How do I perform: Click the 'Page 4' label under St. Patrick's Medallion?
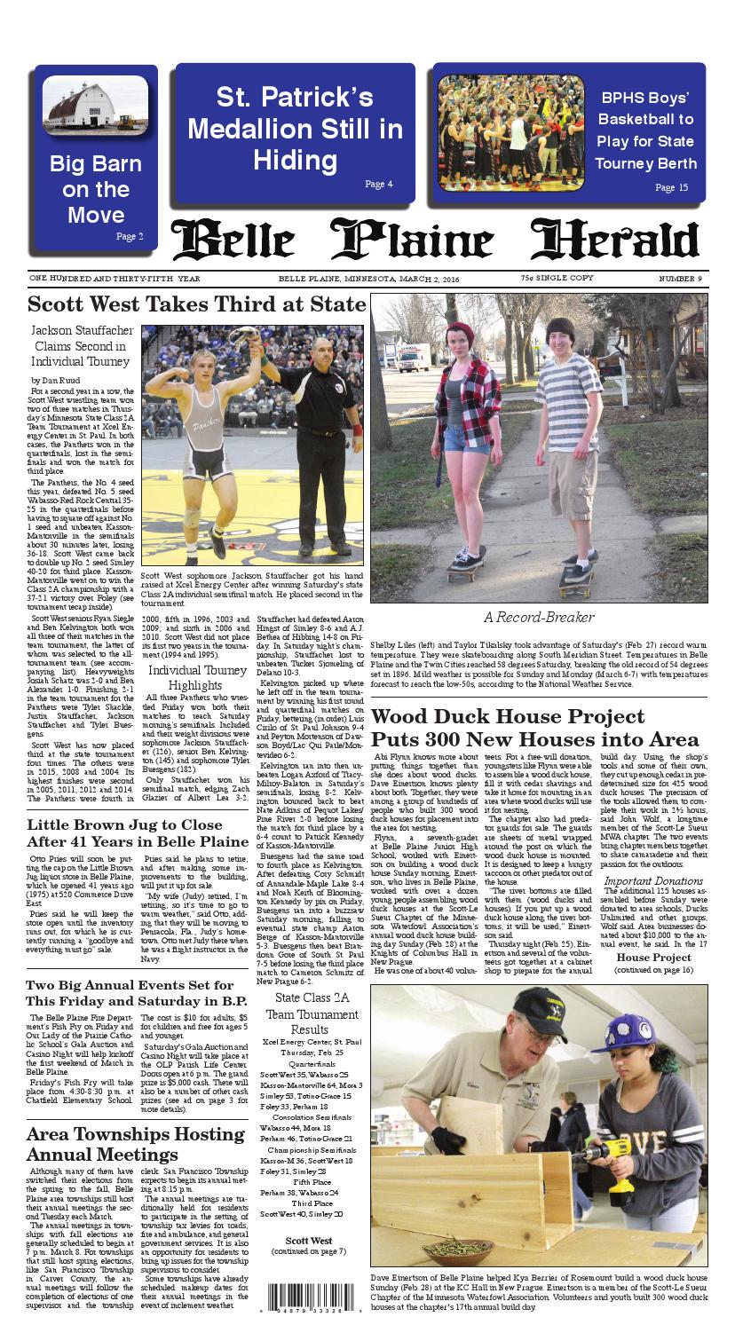(x=378, y=184)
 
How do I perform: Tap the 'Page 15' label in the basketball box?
(x=671, y=187)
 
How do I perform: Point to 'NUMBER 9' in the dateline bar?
(x=680, y=279)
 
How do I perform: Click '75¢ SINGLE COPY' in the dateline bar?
(x=557, y=279)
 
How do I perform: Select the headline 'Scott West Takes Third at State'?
(x=196, y=304)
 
